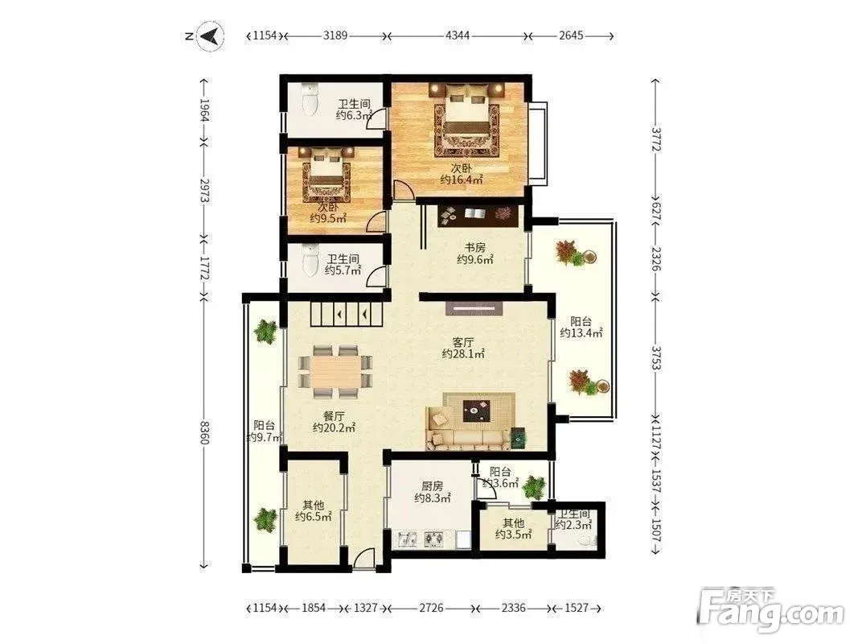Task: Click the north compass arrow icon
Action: click(210, 36)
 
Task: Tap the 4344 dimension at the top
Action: click(458, 36)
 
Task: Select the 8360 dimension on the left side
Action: click(203, 432)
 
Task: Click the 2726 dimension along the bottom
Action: click(431, 608)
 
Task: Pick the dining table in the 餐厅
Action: click(335, 371)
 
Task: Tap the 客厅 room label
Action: click(463, 343)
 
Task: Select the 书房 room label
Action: click(474, 248)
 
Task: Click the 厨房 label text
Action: click(433, 486)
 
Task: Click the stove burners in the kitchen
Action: click(434, 539)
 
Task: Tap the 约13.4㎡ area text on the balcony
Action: click(581, 333)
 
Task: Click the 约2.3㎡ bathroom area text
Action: click(573, 525)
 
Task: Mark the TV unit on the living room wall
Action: click(474, 309)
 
